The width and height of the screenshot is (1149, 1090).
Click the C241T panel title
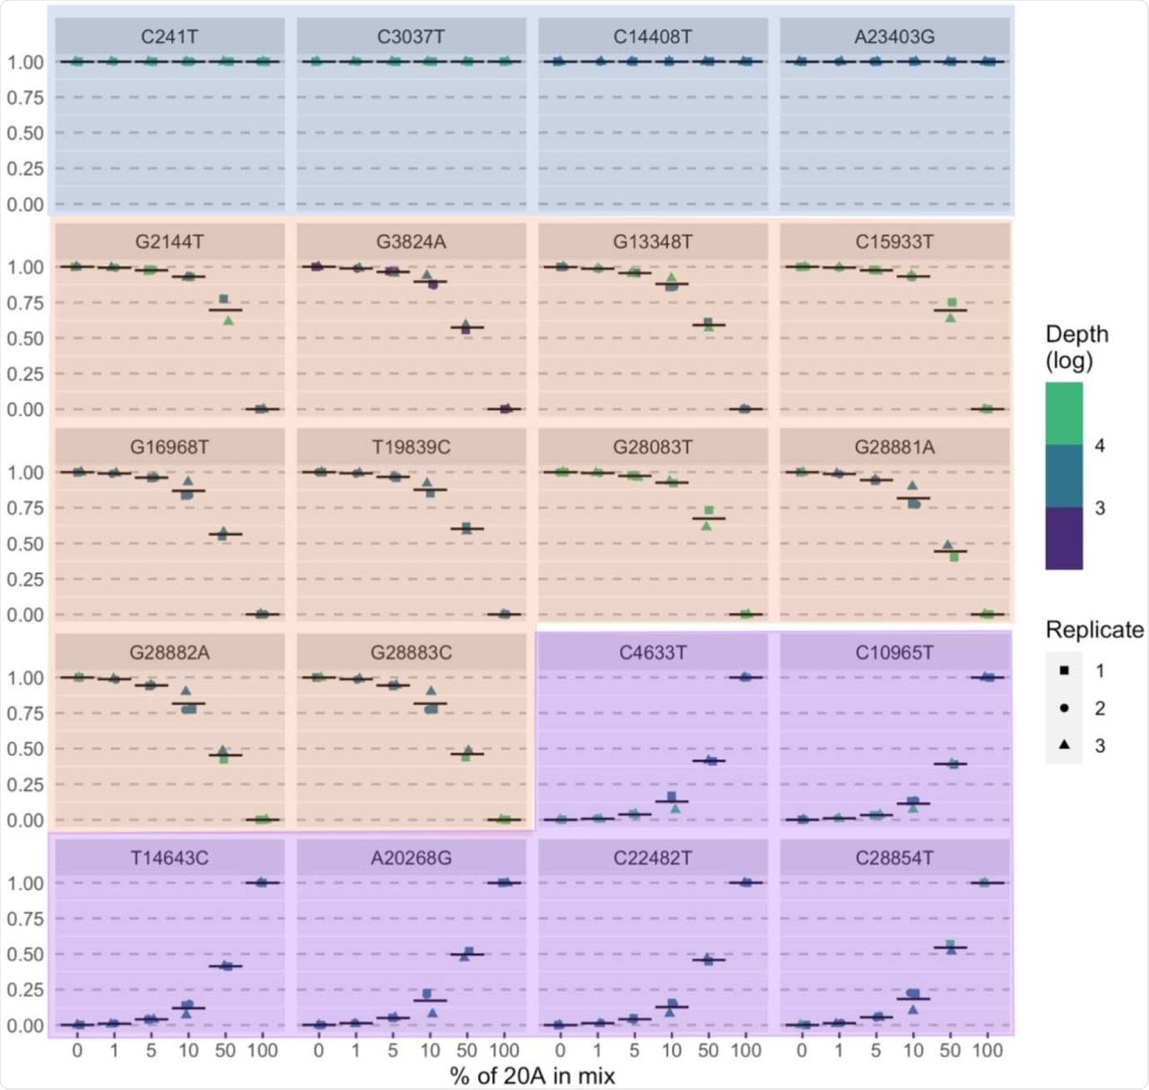tap(170, 37)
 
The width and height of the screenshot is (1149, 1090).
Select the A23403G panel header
tap(894, 37)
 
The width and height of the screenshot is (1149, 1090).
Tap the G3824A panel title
tap(411, 242)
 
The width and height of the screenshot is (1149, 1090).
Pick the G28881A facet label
tap(894, 447)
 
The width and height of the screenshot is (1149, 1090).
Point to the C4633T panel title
tap(653, 652)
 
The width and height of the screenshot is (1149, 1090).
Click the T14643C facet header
tap(170, 858)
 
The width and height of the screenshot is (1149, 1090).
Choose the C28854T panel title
tap(894, 858)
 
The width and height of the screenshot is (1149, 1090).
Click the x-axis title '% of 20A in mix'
tap(532, 1075)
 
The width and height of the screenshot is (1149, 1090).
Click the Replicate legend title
tap(1094, 630)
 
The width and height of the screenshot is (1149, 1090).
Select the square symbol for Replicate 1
tap(1064, 670)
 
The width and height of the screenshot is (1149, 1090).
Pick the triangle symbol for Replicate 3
tap(1064, 746)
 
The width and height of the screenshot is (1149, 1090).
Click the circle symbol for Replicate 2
tap(1064, 708)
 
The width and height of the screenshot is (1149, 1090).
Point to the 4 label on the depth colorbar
tap(1100, 446)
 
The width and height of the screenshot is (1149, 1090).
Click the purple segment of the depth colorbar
tap(1064, 538)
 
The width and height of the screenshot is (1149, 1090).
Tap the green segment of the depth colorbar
tap(1064, 414)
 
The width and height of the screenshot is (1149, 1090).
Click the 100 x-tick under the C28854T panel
tap(987, 1051)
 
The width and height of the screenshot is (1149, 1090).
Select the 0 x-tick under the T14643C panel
tap(77, 1051)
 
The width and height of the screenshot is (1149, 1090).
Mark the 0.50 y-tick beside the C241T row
tap(25, 133)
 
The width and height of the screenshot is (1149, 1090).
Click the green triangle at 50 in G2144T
tap(228, 319)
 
